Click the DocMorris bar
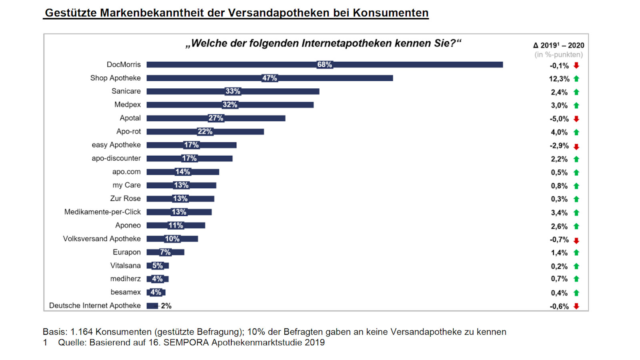[x=400, y=65]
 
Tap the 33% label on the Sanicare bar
[x=233, y=91]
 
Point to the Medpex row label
[x=128, y=104]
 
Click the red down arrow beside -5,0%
[x=576, y=119]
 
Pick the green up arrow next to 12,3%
[x=576, y=79]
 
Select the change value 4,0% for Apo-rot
[x=559, y=132]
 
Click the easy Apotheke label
[x=116, y=145]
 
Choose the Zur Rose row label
[x=125, y=198]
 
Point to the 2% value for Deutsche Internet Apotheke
[x=166, y=306]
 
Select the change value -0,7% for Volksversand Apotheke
[x=559, y=240]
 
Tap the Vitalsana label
[x=125, y=266]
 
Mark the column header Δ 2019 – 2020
[x=558, y=46]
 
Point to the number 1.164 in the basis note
[x=81, y=332]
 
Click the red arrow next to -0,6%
[x=576, y=306]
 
